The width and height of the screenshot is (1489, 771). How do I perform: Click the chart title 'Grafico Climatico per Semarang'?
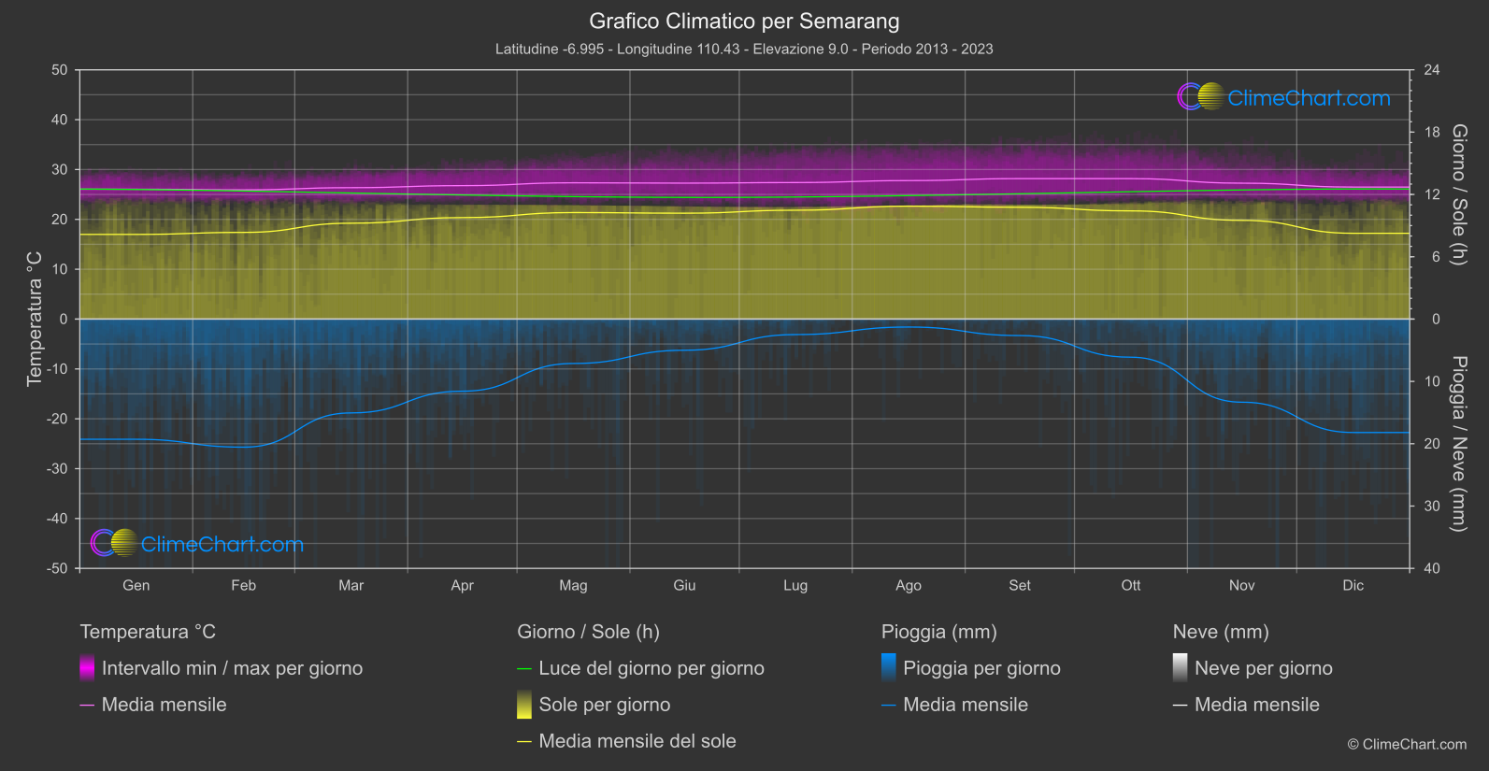744,21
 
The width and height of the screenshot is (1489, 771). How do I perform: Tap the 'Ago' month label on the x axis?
908,586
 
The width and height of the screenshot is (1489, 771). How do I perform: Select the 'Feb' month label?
243,586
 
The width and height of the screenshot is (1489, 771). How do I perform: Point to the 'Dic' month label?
1353,586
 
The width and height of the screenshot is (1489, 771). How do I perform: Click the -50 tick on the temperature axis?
59,568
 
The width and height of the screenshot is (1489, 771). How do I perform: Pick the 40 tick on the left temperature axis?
60,120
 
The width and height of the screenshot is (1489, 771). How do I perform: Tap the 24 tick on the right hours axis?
1431,70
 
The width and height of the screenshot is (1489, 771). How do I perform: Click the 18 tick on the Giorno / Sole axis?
1431,133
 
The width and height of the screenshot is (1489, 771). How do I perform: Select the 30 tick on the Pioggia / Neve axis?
1431,507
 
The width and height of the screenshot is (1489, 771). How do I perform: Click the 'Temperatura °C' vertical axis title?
35,319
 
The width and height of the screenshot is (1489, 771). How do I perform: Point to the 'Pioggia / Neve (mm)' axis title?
1458,444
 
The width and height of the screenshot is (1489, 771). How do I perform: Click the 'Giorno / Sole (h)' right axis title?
1458,194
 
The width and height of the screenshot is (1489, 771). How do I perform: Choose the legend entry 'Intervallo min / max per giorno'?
232,668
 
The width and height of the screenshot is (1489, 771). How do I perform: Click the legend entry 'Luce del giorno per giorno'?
651,668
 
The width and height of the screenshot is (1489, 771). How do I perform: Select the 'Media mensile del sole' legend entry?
637,741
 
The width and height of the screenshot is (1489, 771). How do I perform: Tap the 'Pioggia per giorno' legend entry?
981,668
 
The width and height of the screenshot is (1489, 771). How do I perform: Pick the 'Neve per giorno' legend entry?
1263,668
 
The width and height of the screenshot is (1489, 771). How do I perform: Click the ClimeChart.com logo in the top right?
1284,97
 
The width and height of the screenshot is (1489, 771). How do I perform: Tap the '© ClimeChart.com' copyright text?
1407,745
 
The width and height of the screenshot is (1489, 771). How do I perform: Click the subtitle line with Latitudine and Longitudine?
744,49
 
